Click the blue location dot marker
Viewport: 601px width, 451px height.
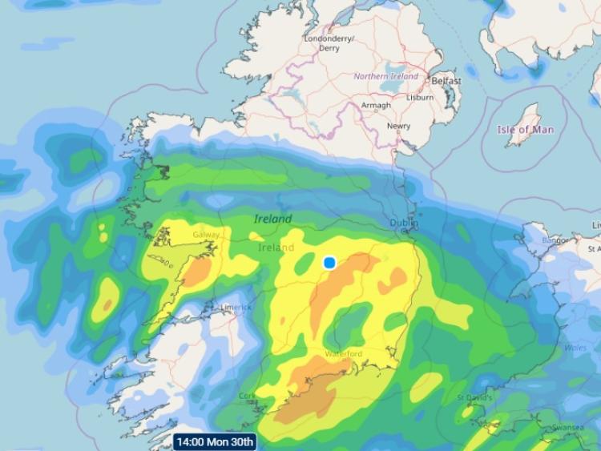pyautogui.click(x=329, y=263)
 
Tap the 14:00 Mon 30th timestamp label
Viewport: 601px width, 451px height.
pyautogui.click(x=215, y=441)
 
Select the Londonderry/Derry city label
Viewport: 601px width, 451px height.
pyautogui.click(x=329, y=42)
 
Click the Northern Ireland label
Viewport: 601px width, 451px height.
pyautogui.click(x=386, y=77)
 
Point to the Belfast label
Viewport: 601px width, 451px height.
pyautogui.click(x=446, y=82)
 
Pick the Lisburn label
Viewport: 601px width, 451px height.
pyautogui.click(x=419, y=98)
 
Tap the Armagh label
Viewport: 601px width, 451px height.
pyautogui.click(x=376, y=106)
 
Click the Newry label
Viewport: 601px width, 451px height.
pyautogui.click(x=398, y=127)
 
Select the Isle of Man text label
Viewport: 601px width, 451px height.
pyautogui.click(x=525, y=130)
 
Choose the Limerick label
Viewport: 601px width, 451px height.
pyautogui.click(x=236, y=307)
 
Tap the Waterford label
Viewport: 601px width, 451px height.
pyautogui.click(x=344, y=354)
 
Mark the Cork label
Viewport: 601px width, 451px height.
pyautogui.click(x=248, y=397)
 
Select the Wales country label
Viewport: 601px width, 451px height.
pyautogui.click(x=576, y=348)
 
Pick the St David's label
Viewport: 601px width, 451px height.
pyautogui.click(x=474, y=397)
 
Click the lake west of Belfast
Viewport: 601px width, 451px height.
pyautogui.click(x=390, y=83)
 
